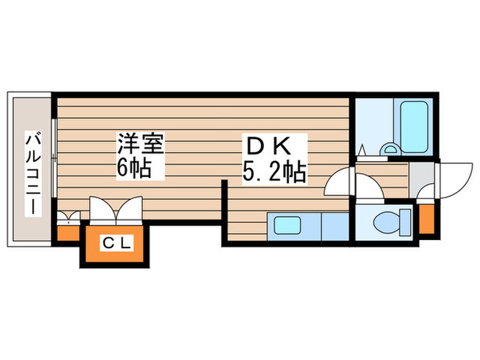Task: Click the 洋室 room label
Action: (x=141, y=143)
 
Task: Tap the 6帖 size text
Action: (x=134, y=168)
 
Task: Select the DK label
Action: (x=268, y=146)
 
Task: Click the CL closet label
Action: (x=117, y=243)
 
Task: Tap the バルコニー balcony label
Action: (x=33, y=173)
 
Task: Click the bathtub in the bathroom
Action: (x=414, y=127)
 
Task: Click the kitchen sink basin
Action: (x=287, y=226)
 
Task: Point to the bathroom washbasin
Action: (x=389, y=149)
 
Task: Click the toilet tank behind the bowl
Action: (x=405, y=223)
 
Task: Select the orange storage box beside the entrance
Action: (x=427, y=219)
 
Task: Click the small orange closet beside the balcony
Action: (x=69, y=233)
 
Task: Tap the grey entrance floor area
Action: (x=422, y=180)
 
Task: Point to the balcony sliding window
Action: (x=54, y=158)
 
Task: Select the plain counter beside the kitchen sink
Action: (x=335, y=226)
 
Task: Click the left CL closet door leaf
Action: (x=102, y=208)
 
